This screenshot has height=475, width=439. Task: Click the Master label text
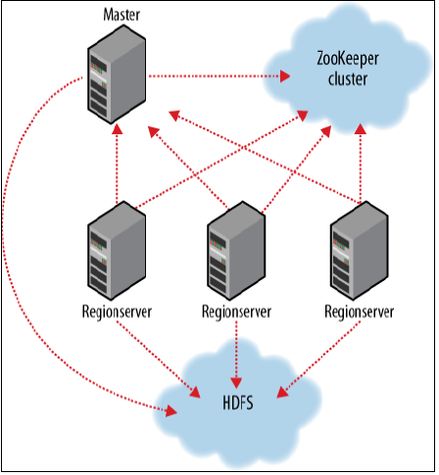pyautogui.click(x=122, y=15)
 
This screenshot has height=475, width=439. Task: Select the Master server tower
pyautogui.click(x=117, y=74)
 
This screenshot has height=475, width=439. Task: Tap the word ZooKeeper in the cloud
pyautogui.click(x=348, y=60)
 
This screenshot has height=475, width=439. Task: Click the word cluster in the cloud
pyautogui.click(x=348, y=79)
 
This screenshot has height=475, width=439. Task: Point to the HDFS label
pyautogui.click(x=238, y=403)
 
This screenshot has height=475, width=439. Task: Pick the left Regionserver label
pyautogui.click(x=117, y=311)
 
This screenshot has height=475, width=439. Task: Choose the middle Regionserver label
pyautogui.click(x=236, y=311)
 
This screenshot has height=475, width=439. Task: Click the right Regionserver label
pyautogui.click(x=359, y=311)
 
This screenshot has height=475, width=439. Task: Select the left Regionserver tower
pyautogui.click(x=117, y=251)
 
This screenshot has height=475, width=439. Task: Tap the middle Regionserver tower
pyautogui.click(x=236, y=251)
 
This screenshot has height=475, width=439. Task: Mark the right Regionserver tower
pyautogui.click(x=359, y=251)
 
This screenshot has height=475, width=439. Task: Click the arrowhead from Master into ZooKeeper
pyautogui.click(x=285, y=76)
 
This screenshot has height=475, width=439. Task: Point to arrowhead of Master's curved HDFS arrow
pyautogui.click(x=171, y=411)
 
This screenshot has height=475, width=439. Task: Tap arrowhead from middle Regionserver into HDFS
pyautogui.click(x=236, y=383)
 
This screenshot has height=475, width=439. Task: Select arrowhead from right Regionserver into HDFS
pyautogui.click(x=282, y=392)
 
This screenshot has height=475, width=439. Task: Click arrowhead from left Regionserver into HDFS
pyautogui.click(x=195, y=392)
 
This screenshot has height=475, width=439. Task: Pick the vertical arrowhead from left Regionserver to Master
pyautogui.click(x=117, y=129)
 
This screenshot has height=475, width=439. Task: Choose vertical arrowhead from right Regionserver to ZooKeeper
pyautogui.click(x=361, y=129)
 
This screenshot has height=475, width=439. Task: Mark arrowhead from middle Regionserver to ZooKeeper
pyautogui.click(x=326, y=131)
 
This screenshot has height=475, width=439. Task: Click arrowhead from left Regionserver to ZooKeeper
pyautogui.click(x=302, y=116)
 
